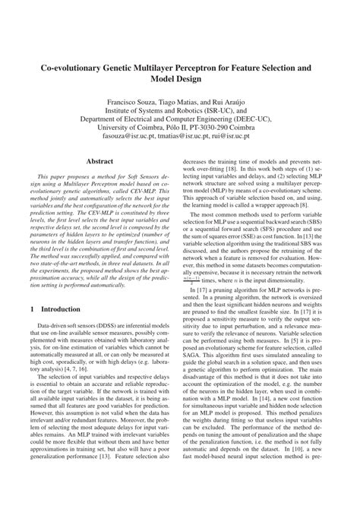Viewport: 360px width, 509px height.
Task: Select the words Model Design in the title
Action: (x=180, y=81)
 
